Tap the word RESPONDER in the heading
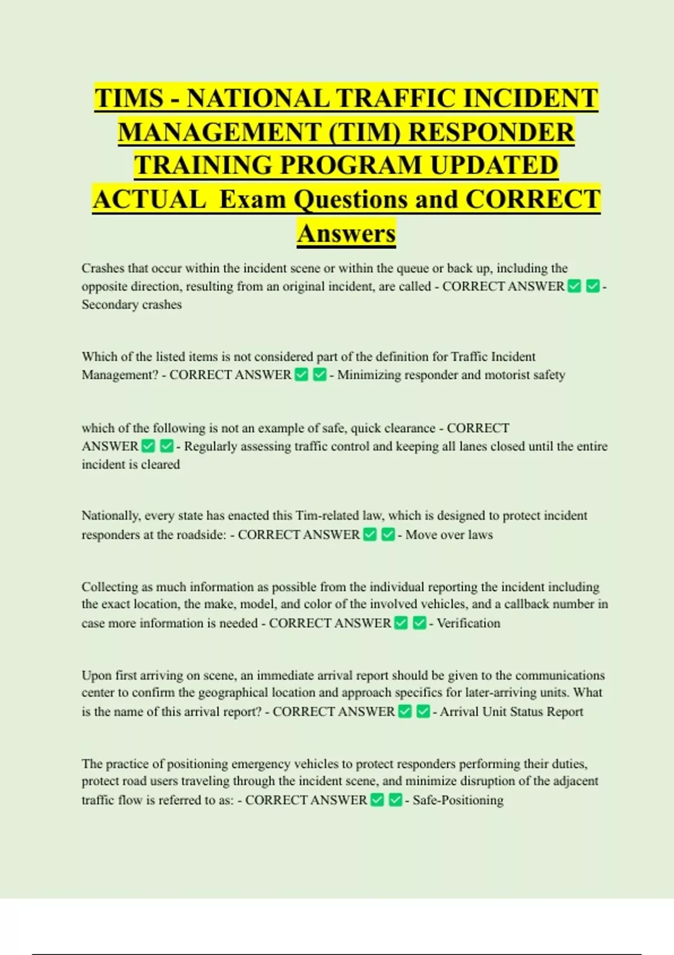point(491,132)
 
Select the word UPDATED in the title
point(494,166)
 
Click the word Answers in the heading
point(347,233)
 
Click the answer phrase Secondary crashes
point(131,304)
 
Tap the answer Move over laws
point(449,535)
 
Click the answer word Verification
point(468,623)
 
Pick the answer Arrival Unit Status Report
point(511,712)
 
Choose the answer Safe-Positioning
point(458,800)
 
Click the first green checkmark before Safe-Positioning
point(377,800)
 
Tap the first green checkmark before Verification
point(401,623)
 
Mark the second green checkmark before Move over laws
point(388,535)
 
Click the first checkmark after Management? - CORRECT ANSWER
point(302,375)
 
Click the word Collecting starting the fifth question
point(110,587)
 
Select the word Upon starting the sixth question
point(96,675)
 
